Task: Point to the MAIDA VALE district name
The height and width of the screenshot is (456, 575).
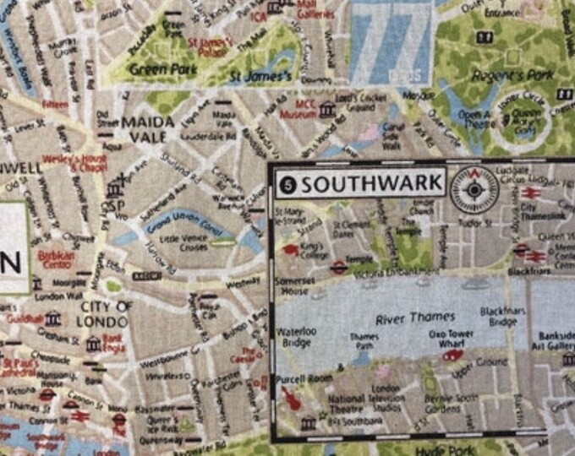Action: (147, 129)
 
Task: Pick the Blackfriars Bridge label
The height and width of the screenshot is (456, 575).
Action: (503, 317)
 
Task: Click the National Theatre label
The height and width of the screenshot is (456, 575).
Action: (346, 405)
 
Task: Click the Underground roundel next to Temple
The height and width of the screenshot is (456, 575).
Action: (339, 268)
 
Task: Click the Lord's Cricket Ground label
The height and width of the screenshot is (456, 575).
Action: (355, 103)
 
